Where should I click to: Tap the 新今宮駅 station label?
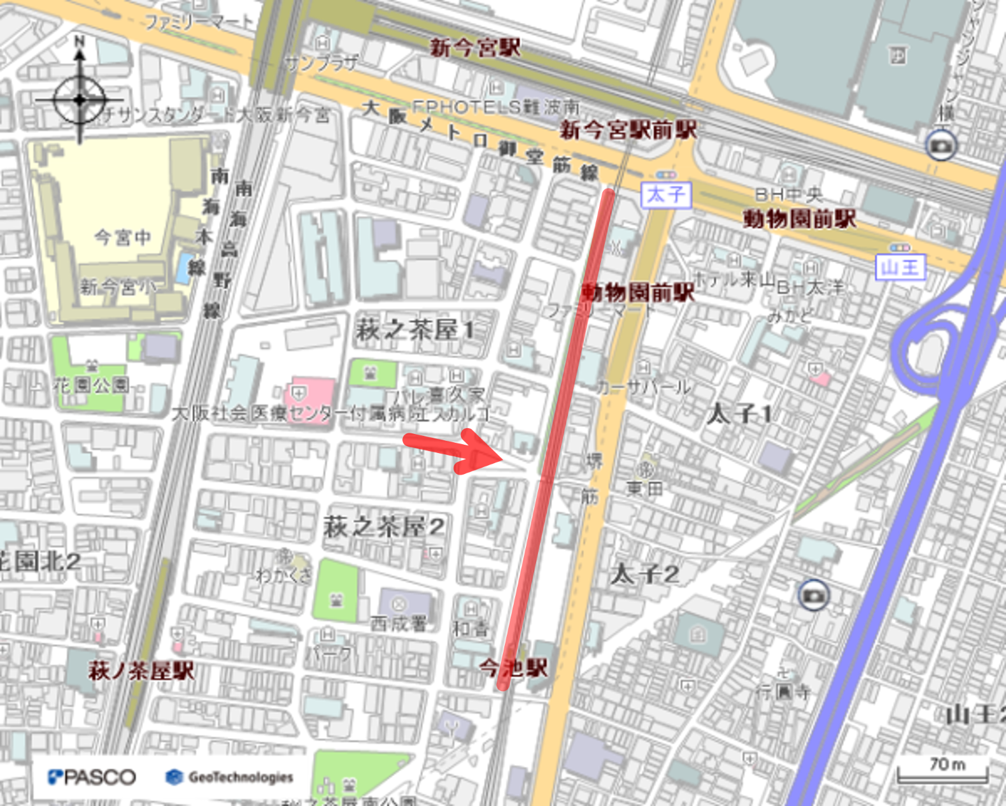click(475, 47)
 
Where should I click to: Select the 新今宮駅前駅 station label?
click(628, 130)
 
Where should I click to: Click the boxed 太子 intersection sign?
click(665, 194)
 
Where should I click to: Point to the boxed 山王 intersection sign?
click(900, 267)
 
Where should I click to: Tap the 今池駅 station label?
click(513, 668)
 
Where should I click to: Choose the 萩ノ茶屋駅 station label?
click(141, 670)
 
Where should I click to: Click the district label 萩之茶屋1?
click(414, 329)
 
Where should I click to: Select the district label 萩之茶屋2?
click(383, 527)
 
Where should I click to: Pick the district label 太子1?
click(739, 414)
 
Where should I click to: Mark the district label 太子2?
click(644, 574)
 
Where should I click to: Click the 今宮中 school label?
click(123, 237)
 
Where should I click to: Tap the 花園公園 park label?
click(91, 384)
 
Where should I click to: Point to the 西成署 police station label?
click(399, 622)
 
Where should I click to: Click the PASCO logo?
click(92, 777)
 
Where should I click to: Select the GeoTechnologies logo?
click(229, 777)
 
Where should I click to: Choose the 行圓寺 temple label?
click(783, 691)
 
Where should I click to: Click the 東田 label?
click(644, 488)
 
